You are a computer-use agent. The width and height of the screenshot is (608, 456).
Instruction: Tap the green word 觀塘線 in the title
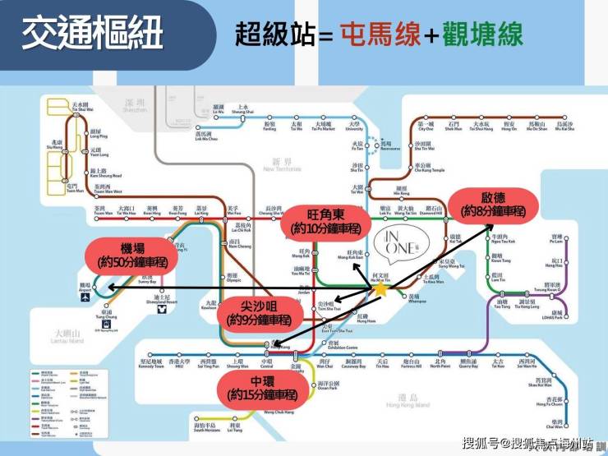pos(485,35)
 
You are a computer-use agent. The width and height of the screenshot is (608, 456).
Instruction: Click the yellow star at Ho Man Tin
pos(381,289)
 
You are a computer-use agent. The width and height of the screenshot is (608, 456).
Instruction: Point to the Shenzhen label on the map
pos(134,106)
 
